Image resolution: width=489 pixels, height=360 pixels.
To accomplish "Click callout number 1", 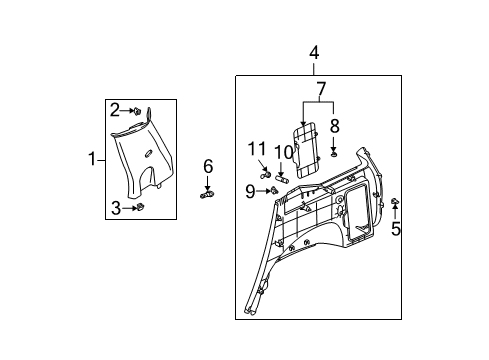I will [x=92, y=159].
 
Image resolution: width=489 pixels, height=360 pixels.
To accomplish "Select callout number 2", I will [x=115, y=109].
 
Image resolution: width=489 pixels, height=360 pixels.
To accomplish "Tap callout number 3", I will [x=115, y=207].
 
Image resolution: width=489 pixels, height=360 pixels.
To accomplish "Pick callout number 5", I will [x=395, y=229].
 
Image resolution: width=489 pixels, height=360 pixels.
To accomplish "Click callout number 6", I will [x=208, y=165].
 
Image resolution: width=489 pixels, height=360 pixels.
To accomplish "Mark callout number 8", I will [x=334, y=127].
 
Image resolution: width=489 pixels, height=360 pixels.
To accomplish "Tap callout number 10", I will [x=283, y=152].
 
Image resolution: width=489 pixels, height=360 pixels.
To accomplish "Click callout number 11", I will [x=256, y=150].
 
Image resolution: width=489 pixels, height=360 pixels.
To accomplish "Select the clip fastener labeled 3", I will [x=140, y=208].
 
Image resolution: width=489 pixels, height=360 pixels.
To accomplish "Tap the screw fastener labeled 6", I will [x=207, y=193].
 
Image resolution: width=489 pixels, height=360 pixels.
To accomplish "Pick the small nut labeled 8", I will [x=333, y=152].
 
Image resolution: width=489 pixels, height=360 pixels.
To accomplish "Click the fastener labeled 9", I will [x=271, y=189].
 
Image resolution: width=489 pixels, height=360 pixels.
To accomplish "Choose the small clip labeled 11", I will [x=267, y=174].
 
